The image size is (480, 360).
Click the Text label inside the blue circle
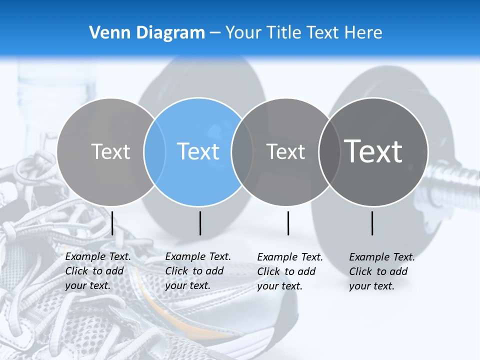pyautogui.click(x=198, y=151)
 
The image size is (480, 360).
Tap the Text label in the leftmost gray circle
pyautogui.click(x=110, y=151)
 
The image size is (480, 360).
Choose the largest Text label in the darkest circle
pyautogui.click(x=373, y=151)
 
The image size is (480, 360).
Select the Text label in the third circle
pyautogui.click(x=285, y=151)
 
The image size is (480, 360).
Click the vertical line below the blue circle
pyautogui.click(x=200, y=223)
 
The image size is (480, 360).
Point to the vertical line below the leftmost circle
pyautogui.click(x=112, y=223)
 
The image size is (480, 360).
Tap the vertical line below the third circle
pyautogui.click(x=288, y=223)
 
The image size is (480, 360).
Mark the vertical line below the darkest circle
pyautogui.click(x=372, y=223)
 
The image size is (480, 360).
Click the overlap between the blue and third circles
pyautogui.click(x=242, y=151)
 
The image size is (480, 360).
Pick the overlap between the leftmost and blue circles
pyautogui.click(x=154, y=151)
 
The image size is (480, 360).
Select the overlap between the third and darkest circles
pyautogui.click(x=328, y=151)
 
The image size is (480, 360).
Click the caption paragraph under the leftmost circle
pyautogui.click(x=98, y=271)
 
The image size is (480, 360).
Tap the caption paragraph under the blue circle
pyautogui.click(x=198, y=271)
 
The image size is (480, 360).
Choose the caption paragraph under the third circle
pyautogui.click(x=290, y=271)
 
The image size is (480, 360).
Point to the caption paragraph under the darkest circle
pyautogui.click(x=382, y=271)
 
